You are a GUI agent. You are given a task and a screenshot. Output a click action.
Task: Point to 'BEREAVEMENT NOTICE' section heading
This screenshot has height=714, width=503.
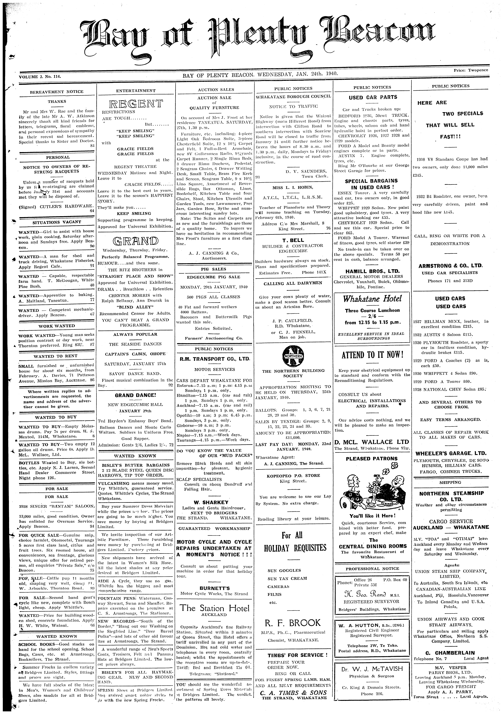[57, 92]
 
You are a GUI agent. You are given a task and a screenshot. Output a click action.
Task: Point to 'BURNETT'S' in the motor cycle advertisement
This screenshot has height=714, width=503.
[215, 579]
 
